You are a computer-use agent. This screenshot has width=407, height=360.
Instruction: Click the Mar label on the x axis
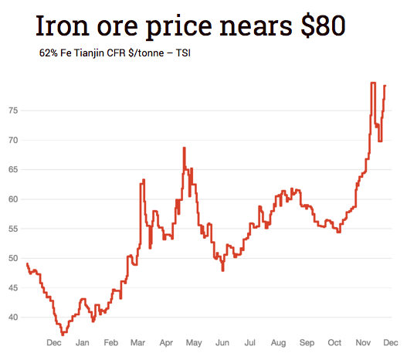[x=139, y=342]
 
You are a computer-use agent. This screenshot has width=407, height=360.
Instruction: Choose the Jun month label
[x=222, y=342]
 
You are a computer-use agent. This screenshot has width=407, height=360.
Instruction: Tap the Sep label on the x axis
[x=307, y=342]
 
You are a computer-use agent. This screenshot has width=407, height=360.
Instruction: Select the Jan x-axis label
[x=83, y=342]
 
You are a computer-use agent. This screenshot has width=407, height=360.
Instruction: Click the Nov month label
[x=362, y=342]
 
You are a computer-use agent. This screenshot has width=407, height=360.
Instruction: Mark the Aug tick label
[x=279, y=342]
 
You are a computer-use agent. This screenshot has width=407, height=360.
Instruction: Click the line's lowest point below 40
[x=63, y=333]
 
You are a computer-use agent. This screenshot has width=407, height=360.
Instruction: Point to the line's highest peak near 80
[x=373, y=83]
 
